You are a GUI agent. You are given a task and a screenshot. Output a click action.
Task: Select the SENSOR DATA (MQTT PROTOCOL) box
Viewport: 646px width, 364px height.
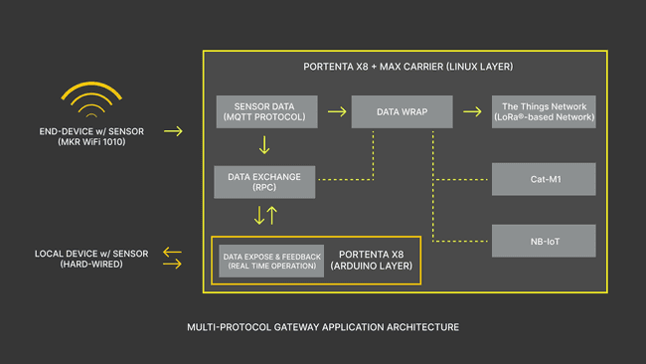pos(265,111)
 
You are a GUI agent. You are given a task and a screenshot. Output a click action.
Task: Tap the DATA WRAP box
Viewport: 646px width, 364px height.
pos(402,111)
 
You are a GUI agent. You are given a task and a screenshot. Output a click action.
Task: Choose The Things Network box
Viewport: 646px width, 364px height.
pos(544,111)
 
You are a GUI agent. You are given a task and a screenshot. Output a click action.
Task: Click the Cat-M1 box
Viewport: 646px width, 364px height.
pos(544,179)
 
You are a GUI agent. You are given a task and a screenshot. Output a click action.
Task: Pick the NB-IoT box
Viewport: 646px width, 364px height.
pos(544,241)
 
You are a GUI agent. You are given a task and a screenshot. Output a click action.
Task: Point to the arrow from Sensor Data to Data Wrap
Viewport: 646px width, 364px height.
pos(336,111)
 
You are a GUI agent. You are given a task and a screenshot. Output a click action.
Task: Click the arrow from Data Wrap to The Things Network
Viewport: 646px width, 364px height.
pos(471,111)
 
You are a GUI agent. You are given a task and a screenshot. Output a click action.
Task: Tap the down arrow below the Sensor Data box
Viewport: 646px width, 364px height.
pos(264,145)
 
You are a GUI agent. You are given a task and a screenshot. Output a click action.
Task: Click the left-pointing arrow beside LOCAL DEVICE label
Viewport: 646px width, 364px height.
pos(173,254)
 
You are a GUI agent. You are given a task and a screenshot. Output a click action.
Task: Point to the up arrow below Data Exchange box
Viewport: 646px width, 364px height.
pos(271,215)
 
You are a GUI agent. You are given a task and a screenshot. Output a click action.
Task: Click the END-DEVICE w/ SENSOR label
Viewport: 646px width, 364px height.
pos(96,130)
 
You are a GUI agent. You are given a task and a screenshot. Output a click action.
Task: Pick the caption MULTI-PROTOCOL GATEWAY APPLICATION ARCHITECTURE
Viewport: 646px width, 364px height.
pos(323,326)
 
